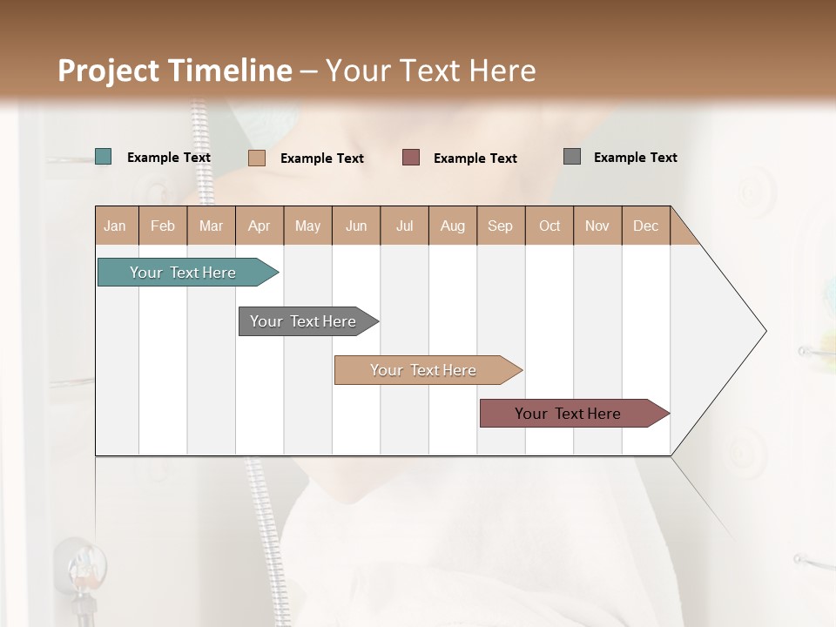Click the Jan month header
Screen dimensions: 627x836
pyautogui.click(x=115, y=226)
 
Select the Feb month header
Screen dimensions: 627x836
pyautogui.click(x=163, y=226)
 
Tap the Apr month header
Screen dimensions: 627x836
pyautogui.click(x=259, y=226)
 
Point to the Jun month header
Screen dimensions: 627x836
pyautogui.click(x=356, y=226)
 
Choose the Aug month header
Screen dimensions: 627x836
pyautogui.click(x=452, y=226)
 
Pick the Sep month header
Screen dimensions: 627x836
pyautogui.click(x=500, y=226)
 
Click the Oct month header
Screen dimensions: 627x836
pyautogui.click(x=549, y=226)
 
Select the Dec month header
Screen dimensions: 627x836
pyautogui.click(x=645, y=226)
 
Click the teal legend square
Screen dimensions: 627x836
pyautogui.click(x=103, y=157)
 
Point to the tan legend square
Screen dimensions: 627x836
pyautogui.click(x=256, y=158)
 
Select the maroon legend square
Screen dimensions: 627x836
pyautogui.click(x=411, y=157)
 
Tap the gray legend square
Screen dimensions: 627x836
pyautogui.click(x=572, y=157)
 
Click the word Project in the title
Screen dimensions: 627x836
pyautogui.click(x=108, y=71)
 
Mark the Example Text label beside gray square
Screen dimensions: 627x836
pyautogui.click(x=635, y=157)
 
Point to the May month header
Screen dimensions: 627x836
pyautogui.click(x=307, y=226)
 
